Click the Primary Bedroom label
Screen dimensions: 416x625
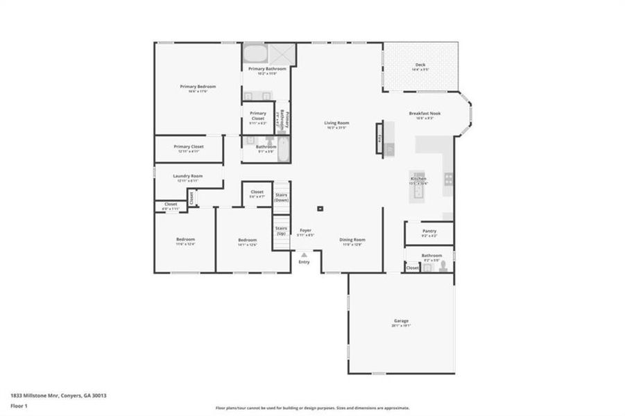click(198, 87)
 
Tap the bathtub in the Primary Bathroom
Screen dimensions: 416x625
click(255, 53)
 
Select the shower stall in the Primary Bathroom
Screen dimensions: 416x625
click(281, 53)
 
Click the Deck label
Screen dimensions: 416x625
click(420, 64)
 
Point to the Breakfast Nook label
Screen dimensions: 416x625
click(425, 114)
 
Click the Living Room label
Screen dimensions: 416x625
click(336, 123)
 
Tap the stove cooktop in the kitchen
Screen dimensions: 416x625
click(449, 179)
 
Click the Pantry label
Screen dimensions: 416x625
click(429, 232)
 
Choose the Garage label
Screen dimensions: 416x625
click(401, 321)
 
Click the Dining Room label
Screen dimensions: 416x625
click(352, 240)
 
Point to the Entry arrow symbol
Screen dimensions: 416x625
click(304, 255)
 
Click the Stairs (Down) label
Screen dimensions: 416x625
click(282, 197)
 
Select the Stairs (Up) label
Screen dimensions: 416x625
click(281, 230)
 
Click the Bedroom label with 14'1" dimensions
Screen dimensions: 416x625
click(248, 240)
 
